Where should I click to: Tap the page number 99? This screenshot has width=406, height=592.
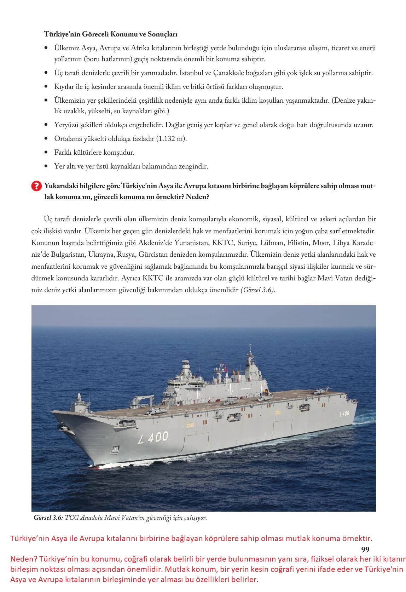tap(365, 550)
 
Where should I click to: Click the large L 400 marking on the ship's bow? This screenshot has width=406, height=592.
tap(153, 437)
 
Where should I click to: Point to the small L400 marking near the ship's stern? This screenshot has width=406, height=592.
tap(344, 413)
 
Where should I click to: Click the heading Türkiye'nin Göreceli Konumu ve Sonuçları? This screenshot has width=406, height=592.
tap(111, 34)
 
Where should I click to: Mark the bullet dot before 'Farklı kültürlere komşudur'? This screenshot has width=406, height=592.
tap(46, 153)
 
